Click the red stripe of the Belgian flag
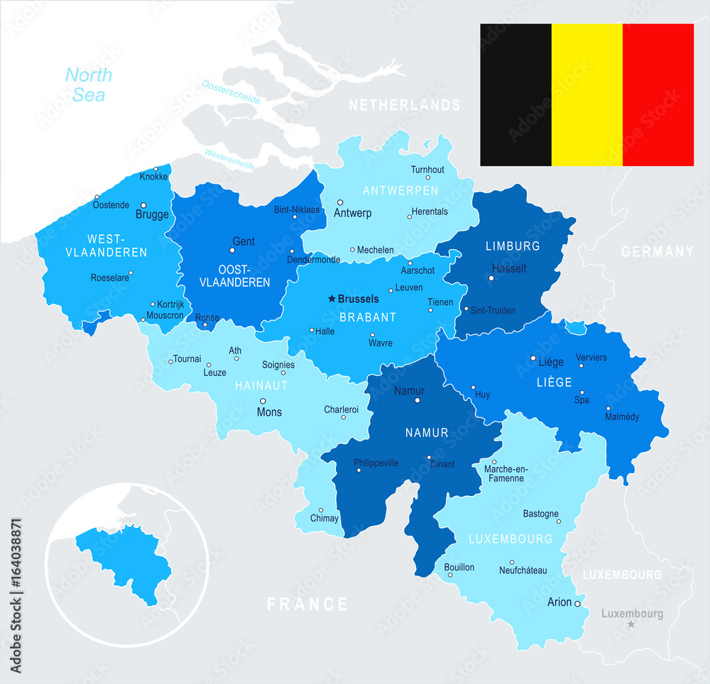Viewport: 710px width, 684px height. (658, 94)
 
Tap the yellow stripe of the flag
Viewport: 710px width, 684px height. (587, 94)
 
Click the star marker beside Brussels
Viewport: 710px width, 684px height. (331, 299)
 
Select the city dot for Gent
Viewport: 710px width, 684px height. (232, 250)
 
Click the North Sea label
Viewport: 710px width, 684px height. (89, 84)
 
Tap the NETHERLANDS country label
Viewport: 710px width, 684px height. (405, 105)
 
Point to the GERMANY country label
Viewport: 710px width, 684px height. (657, 251)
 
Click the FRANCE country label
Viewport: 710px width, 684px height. (307, 604)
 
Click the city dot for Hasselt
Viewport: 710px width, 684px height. (491, 278)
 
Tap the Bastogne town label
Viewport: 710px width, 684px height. (541, 514)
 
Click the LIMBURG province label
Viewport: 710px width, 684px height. (513, 246)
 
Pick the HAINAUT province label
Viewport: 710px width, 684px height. (262, 385)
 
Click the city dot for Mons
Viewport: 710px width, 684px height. (262, 401)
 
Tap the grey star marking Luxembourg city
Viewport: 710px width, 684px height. (630, 624)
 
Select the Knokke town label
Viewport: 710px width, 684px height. (154, 177)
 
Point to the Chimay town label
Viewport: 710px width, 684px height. (324, 519)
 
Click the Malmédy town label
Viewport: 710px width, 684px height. (622, 417)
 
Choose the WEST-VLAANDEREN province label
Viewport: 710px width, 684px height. (106, 245)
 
